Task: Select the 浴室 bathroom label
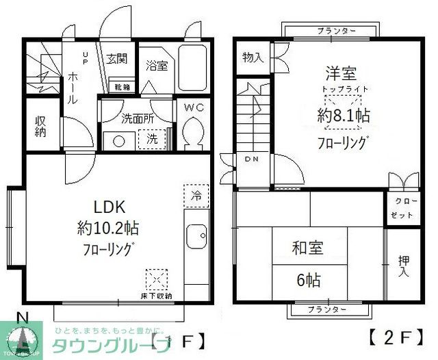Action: (x=157, y=66)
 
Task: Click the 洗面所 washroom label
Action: (x=137, y=118)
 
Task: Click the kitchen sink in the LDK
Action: (x=196, y=237)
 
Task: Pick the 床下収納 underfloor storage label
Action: (x=158, y=295)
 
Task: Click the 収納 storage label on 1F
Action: (x=40, y=126)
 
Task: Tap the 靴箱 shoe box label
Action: (x=123, y=87)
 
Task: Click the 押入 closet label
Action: (x=404, y=266)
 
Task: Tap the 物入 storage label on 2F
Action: (x=253, y=57)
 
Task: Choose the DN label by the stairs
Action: (x=248, y=159)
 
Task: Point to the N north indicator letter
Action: (x=22, y=318)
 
